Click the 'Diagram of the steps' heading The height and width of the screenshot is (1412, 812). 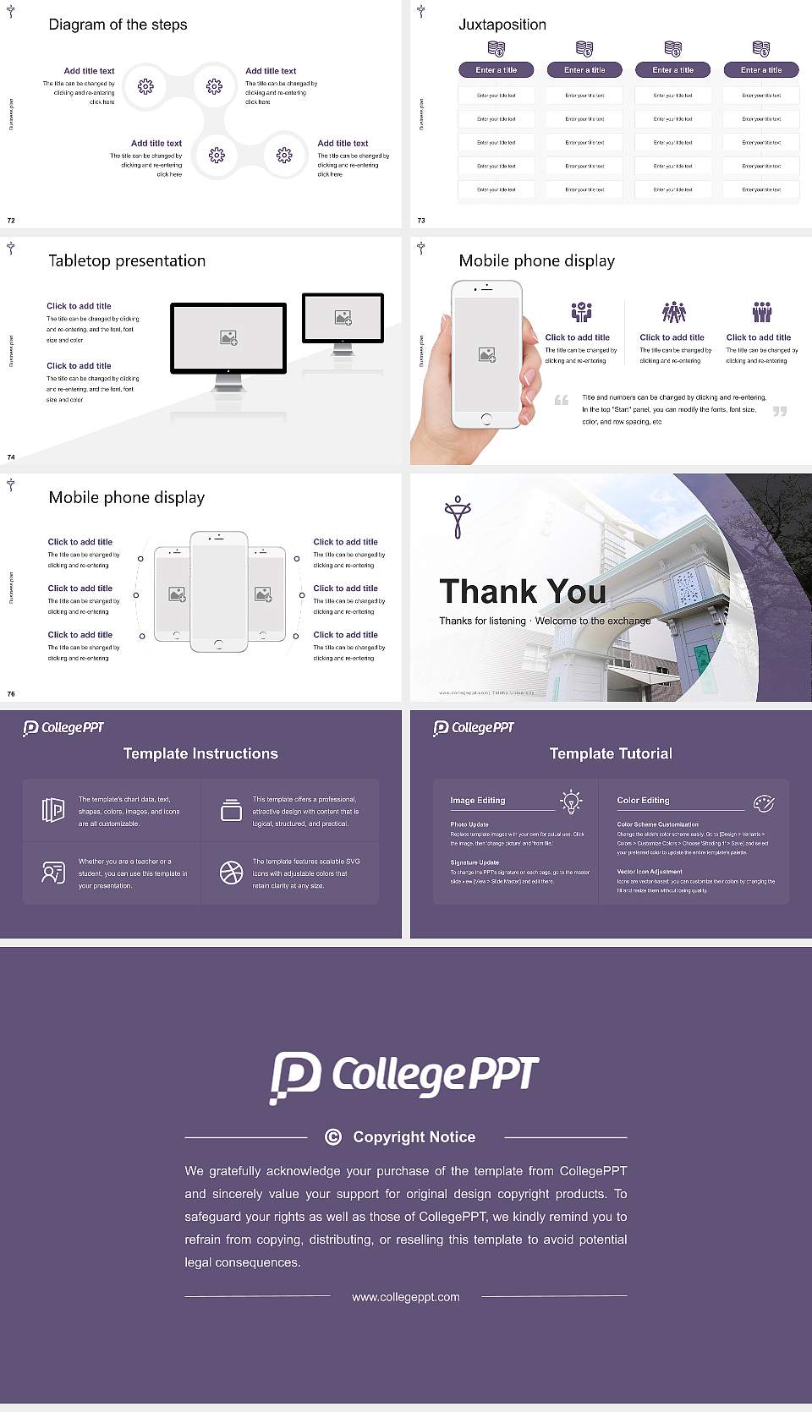pos(118,25)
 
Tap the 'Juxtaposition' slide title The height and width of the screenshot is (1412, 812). pos(502,25)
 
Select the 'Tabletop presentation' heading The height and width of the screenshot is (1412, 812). pos(127,260)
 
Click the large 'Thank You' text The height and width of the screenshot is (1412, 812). pos(522,592)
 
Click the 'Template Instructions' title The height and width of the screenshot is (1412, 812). pos(200,753)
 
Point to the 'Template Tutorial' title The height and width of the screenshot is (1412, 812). pos(611,753)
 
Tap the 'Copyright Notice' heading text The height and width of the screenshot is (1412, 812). pos(414,1137)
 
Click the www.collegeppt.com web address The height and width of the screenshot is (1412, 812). pos(406,1297)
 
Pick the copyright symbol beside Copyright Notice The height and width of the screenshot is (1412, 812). pos(333,1137)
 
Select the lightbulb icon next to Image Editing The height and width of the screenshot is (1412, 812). pos(571,802)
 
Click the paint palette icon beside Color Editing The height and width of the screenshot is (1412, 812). pos(763,802)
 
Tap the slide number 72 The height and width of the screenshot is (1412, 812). pos(11,220)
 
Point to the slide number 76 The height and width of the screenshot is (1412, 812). pos(11,693)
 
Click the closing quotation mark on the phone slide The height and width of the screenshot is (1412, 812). pos(780,411)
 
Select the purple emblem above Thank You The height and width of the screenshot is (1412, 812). pos(458,517)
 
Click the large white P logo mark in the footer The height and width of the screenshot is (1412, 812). pos(295,1076)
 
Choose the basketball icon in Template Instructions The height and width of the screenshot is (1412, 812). pos(231,873)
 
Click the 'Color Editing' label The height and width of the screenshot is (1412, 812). pos(643,800)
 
